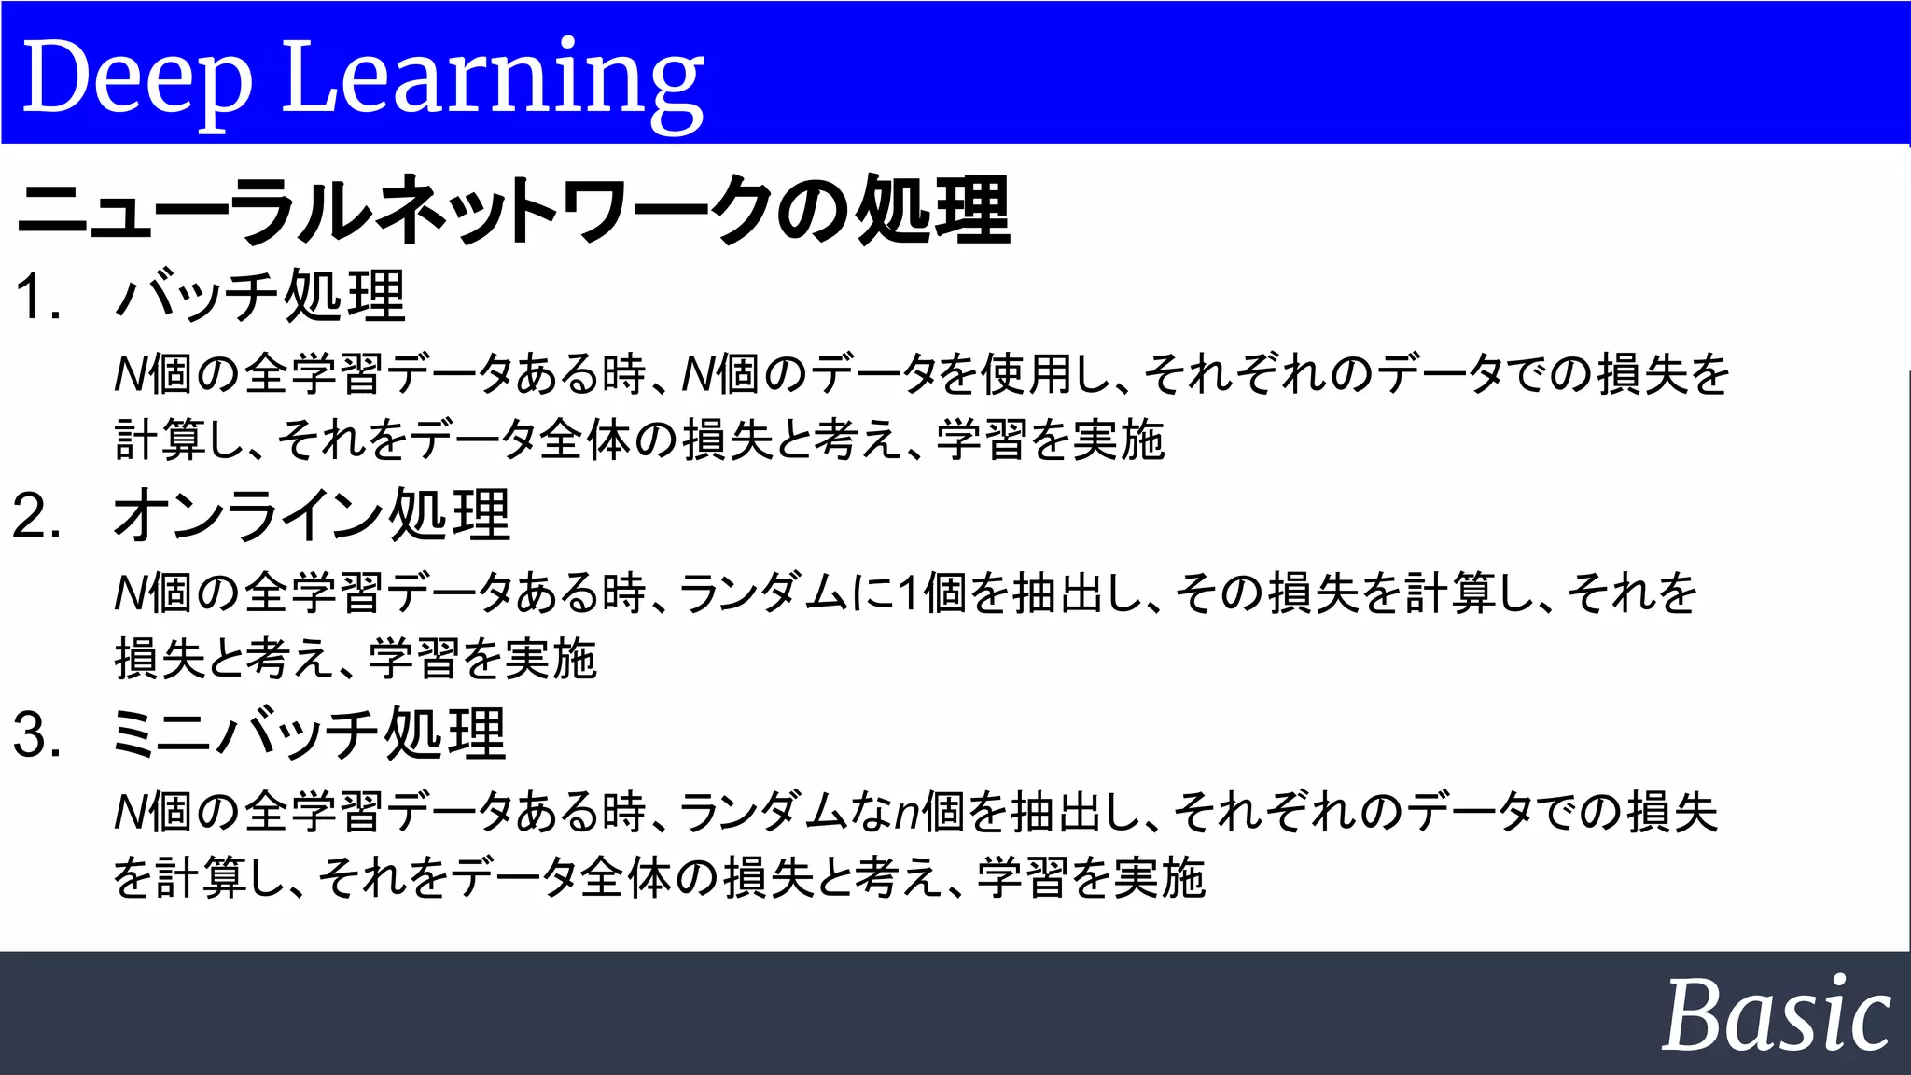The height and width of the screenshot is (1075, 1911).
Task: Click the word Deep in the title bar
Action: [x=137, y=78]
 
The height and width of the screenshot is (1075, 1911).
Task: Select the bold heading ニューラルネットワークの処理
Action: [x=513, y=211]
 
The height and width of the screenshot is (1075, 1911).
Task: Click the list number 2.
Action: [x=37, y=516]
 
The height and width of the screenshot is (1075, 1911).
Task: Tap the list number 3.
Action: [x=37, y=734]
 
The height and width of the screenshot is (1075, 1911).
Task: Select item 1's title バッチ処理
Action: [x=261, y=297]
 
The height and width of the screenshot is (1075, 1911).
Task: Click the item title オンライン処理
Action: [x=313, y=515]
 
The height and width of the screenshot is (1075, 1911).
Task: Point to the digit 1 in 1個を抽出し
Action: [x=908, y=593]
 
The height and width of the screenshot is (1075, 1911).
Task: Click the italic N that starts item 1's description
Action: [x=130, y=375]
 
